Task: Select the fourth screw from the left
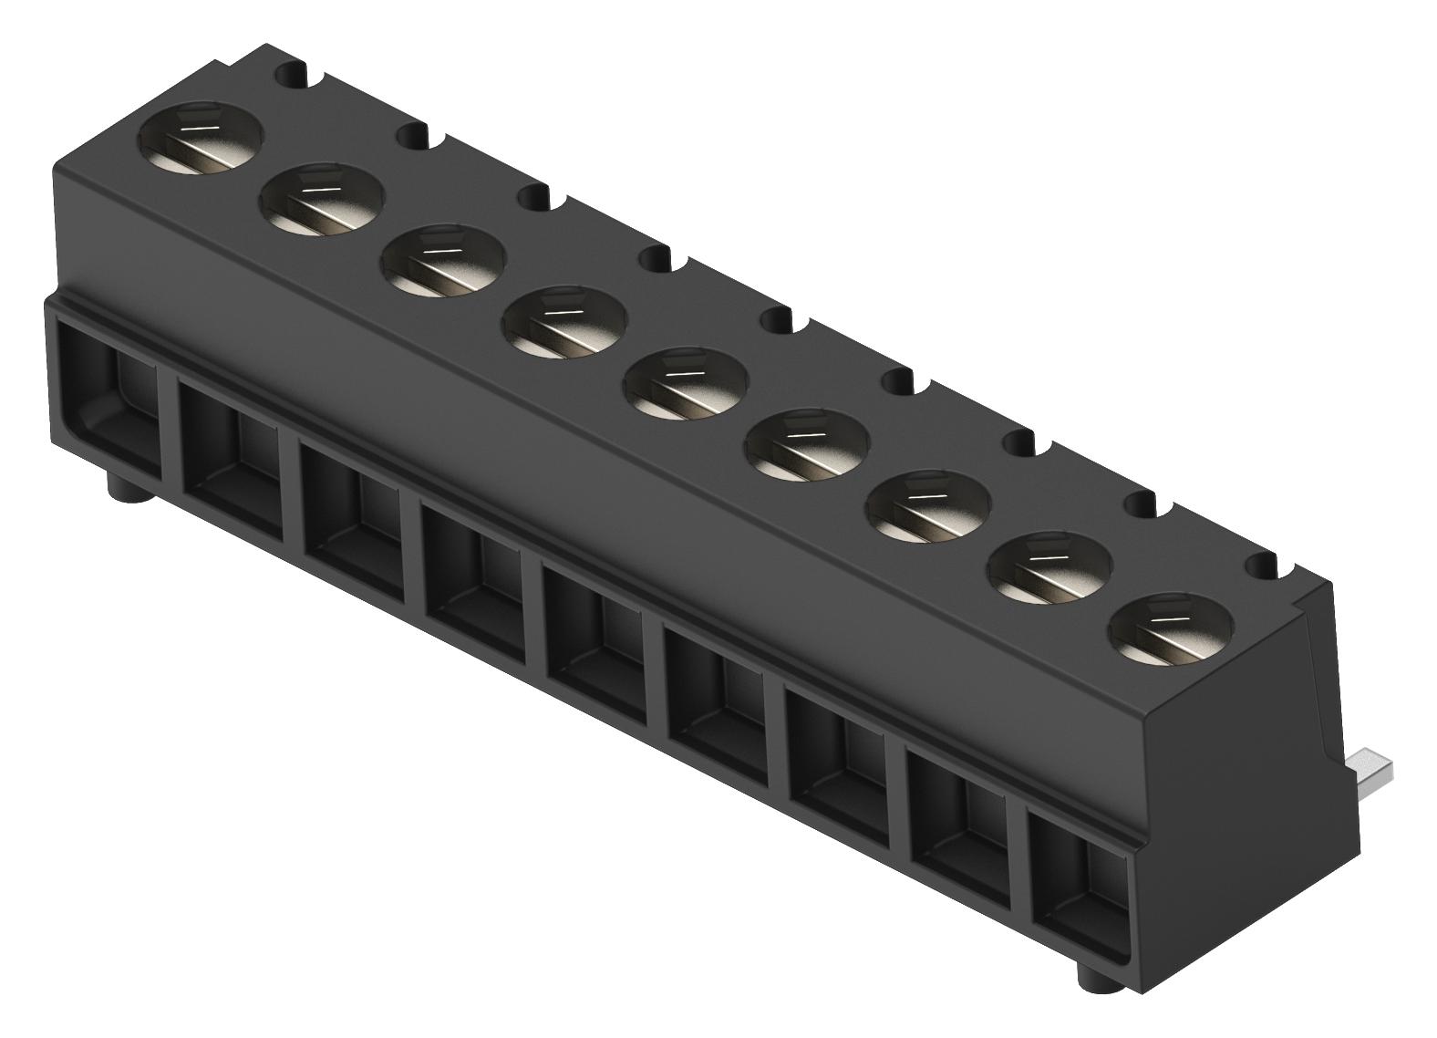coord(564,323)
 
